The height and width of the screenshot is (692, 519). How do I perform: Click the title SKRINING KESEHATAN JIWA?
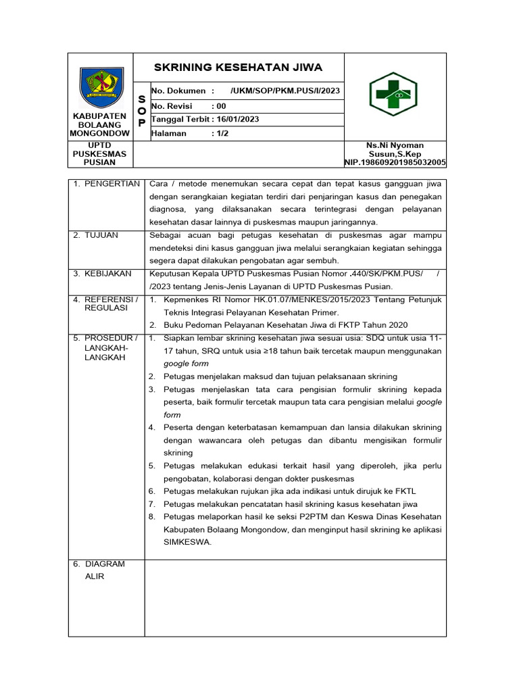[239, 68]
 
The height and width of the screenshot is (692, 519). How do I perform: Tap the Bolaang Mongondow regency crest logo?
[101, 87]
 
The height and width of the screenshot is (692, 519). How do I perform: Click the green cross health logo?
[392, 94]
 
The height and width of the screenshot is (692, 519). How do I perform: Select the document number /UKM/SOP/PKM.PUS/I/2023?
[285, 91]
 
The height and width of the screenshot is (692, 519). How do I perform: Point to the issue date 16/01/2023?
[236, 119]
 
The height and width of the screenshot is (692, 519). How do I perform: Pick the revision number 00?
[220, 105]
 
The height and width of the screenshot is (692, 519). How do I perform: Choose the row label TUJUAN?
[101, 235]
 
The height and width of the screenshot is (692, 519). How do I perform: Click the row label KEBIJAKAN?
[107, 274]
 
